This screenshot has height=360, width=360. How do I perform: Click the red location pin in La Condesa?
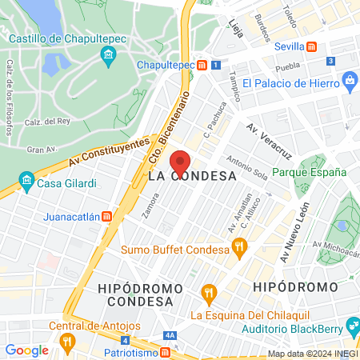[180, 161]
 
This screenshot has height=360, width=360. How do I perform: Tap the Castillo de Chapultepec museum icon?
[109, 55]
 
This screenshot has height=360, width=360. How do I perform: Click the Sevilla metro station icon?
[313, 46]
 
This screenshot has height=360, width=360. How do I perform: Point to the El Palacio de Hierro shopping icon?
[349, 80]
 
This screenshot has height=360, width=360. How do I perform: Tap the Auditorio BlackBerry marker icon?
[352, 326]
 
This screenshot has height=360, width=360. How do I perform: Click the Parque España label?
[309, 172]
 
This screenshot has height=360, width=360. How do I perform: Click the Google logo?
[26, 350]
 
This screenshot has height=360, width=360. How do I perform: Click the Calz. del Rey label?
[44, 122]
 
